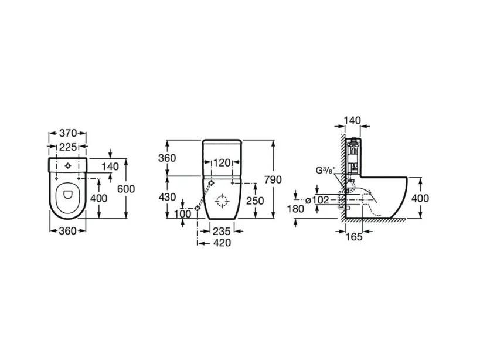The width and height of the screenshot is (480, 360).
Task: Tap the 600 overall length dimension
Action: (x=125, y=189)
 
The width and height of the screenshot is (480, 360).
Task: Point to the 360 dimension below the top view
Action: (x=68, y=230)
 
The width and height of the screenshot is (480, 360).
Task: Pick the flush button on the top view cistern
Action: (x=69, y=166)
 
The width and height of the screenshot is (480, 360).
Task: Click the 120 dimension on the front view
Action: (x=221, y=162)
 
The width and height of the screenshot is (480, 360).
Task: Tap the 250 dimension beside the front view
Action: (x=255, y=201)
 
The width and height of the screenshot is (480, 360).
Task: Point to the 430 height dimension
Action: (x=168, y=197)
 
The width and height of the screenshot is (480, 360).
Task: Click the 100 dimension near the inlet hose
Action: (x=183, y=213)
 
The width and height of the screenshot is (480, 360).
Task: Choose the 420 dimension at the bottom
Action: (x=222, y=243)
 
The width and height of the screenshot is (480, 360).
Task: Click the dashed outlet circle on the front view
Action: (x=222, y=201)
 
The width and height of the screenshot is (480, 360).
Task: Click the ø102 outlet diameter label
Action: (x=319, y=199)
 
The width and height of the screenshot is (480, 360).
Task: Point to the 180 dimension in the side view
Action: (x=297, y=209)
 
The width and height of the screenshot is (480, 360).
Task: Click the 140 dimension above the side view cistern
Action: (x=353, y=121)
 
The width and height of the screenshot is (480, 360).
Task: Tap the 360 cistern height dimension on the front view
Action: (x=168, y=158)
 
